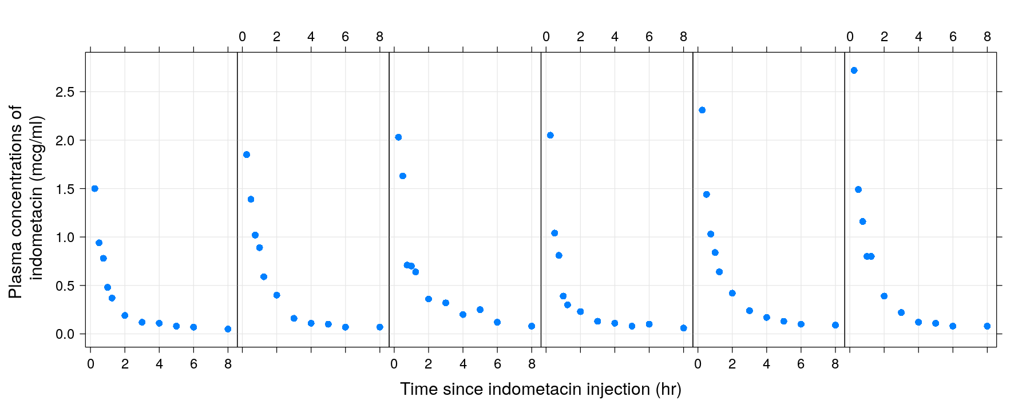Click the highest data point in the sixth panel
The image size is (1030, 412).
click(854, 70)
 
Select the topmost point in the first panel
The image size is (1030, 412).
click(94, 189)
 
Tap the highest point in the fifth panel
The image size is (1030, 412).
click(702, 110)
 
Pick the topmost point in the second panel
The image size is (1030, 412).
click(247, 154)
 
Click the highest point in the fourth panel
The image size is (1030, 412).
click(550, 135)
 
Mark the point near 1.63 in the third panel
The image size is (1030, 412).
click(403, 176)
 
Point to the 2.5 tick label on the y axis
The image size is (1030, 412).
click(65, 92)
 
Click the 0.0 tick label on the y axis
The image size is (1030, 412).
click(65, 334)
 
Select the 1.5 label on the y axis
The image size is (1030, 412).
click(65, 189)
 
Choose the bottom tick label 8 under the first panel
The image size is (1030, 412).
click(228, 364)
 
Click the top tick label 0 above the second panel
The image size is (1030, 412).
click(242, 37)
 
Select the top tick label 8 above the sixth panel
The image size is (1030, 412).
click(987, 37)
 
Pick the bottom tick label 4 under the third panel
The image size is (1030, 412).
click(463, 364)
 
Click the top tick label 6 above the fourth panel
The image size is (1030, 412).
click(649, 37)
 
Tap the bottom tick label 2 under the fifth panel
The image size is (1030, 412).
click(732, 364)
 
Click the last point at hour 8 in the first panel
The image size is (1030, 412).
click(228, 329)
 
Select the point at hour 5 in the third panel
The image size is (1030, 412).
click(480, 310)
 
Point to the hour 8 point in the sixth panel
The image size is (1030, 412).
click(987, 326)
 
